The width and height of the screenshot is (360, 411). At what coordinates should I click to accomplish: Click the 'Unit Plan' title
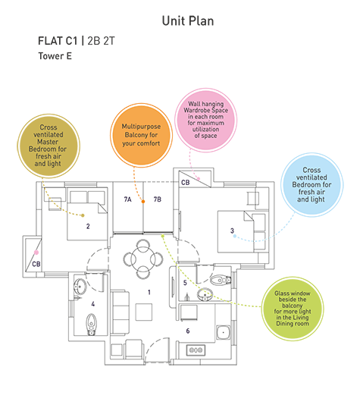[188, 21]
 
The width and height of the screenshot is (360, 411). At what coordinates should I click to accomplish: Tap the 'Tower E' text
[55, 56]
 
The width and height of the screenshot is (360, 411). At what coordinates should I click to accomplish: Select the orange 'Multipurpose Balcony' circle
[141, 135]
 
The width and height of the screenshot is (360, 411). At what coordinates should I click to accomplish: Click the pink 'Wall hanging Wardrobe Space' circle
[205, 120]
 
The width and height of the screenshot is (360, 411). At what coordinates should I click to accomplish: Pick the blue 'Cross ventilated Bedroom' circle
[311, 184]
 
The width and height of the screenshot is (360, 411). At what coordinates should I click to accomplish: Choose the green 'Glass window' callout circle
[293, 309]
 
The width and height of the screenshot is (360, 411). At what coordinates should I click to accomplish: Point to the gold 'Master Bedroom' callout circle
[49, 146]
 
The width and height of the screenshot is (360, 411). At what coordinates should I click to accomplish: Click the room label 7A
[127, 199]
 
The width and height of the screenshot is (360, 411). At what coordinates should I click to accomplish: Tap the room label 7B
[157, 199]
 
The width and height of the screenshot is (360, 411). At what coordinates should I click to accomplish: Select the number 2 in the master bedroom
[88, 226]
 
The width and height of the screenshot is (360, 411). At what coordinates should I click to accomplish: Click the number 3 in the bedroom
[232, 231]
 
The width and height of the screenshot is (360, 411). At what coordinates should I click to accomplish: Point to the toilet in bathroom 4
[91, 325]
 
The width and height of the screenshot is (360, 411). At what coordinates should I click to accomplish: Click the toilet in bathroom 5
[221, 281]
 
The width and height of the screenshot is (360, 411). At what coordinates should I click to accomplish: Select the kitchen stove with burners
[196, 350]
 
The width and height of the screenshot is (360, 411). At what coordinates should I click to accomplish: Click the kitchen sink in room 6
[224, 332]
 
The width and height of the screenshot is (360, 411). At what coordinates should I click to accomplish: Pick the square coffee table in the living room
[144, 312]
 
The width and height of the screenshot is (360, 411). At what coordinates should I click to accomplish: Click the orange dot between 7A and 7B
[143, 201]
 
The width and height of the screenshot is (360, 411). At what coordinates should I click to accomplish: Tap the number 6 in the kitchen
[188, 331]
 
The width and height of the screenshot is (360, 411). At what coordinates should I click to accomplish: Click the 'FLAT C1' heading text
[58, 41]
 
